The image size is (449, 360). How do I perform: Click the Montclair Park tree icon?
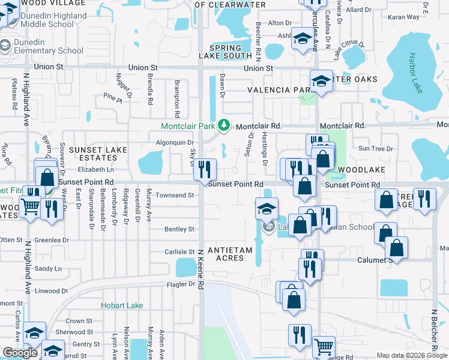click(224, 125)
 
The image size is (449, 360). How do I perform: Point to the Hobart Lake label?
click(122, 305)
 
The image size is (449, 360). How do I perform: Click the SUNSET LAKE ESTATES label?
click(92, 153)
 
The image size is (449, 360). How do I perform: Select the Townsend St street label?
click(175, 195)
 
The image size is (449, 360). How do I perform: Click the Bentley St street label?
click(179, 229)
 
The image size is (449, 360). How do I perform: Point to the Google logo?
click(20, 353)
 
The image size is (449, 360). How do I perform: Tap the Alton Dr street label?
click(279, 23)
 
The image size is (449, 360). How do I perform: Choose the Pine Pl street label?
click(112, 95)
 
